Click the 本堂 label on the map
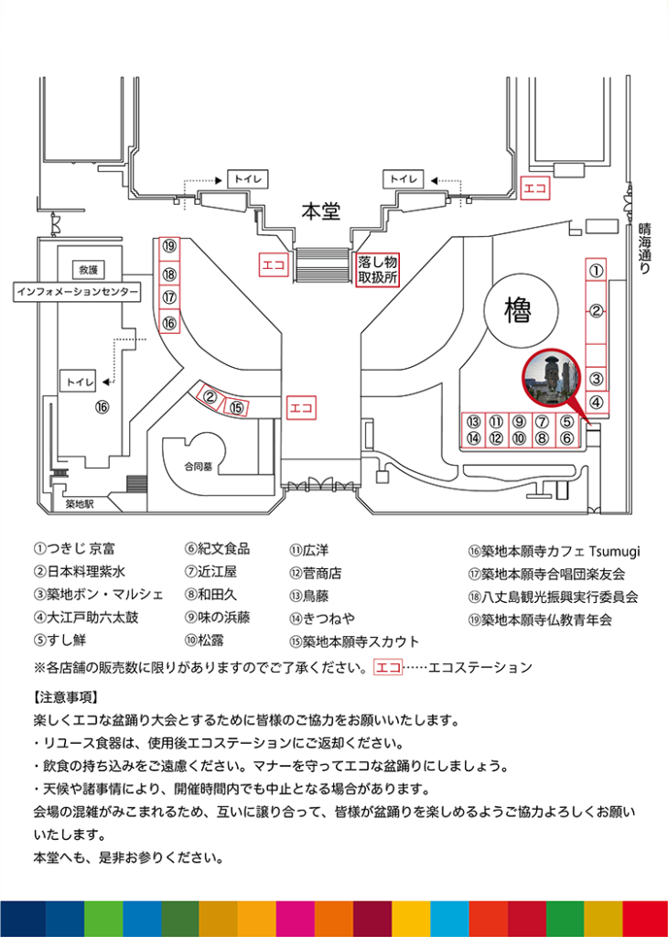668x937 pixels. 321,212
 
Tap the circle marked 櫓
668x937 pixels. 518,313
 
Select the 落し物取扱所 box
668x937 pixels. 378,268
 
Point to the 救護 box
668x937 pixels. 88,270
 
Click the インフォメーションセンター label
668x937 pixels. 78,292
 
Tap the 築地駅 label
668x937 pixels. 81,503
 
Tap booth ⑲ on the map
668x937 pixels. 169,246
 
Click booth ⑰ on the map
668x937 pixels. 169,297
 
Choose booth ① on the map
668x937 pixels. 596,270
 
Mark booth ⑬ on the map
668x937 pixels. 473,422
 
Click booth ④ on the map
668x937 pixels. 596,401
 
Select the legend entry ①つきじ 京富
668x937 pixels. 74,549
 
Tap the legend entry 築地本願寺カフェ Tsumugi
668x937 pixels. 555,551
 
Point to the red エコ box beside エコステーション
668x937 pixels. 387,667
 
